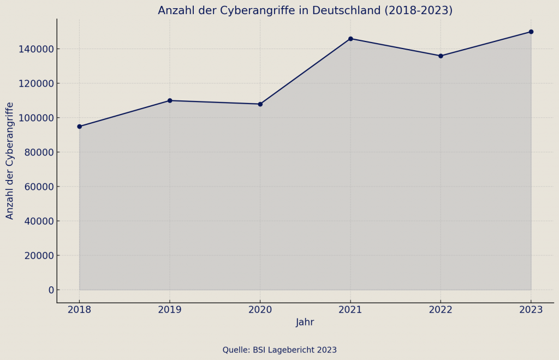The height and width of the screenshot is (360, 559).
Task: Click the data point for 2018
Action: (x=79, y=127)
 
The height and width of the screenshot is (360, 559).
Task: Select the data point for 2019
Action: (x=170, y=100)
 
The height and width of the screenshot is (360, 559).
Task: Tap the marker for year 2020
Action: (x=260, y=104)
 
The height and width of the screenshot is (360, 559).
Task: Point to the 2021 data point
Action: (x=350, y=39)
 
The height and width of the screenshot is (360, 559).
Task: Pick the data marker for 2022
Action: (x=441, y=56)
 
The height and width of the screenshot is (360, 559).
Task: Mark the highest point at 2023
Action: (x=531, y=32)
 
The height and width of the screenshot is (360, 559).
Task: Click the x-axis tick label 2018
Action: (x=79, y=310)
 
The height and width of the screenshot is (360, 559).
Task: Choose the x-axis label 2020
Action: (x=260, y=310)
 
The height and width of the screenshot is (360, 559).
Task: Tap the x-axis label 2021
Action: (x=350, y=310)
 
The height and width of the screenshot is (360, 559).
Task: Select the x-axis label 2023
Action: (x=531, y=310)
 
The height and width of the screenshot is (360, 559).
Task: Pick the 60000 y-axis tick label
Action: (x=39, y=187)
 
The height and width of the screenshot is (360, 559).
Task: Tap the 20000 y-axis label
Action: (x=39, y=255)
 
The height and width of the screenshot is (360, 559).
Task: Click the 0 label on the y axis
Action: (x=51, y=290)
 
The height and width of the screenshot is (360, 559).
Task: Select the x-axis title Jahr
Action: (x=305, y=322)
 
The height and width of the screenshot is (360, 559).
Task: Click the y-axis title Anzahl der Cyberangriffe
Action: (x=10, y=160)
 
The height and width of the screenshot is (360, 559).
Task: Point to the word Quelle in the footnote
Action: (x=235, y=350)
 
